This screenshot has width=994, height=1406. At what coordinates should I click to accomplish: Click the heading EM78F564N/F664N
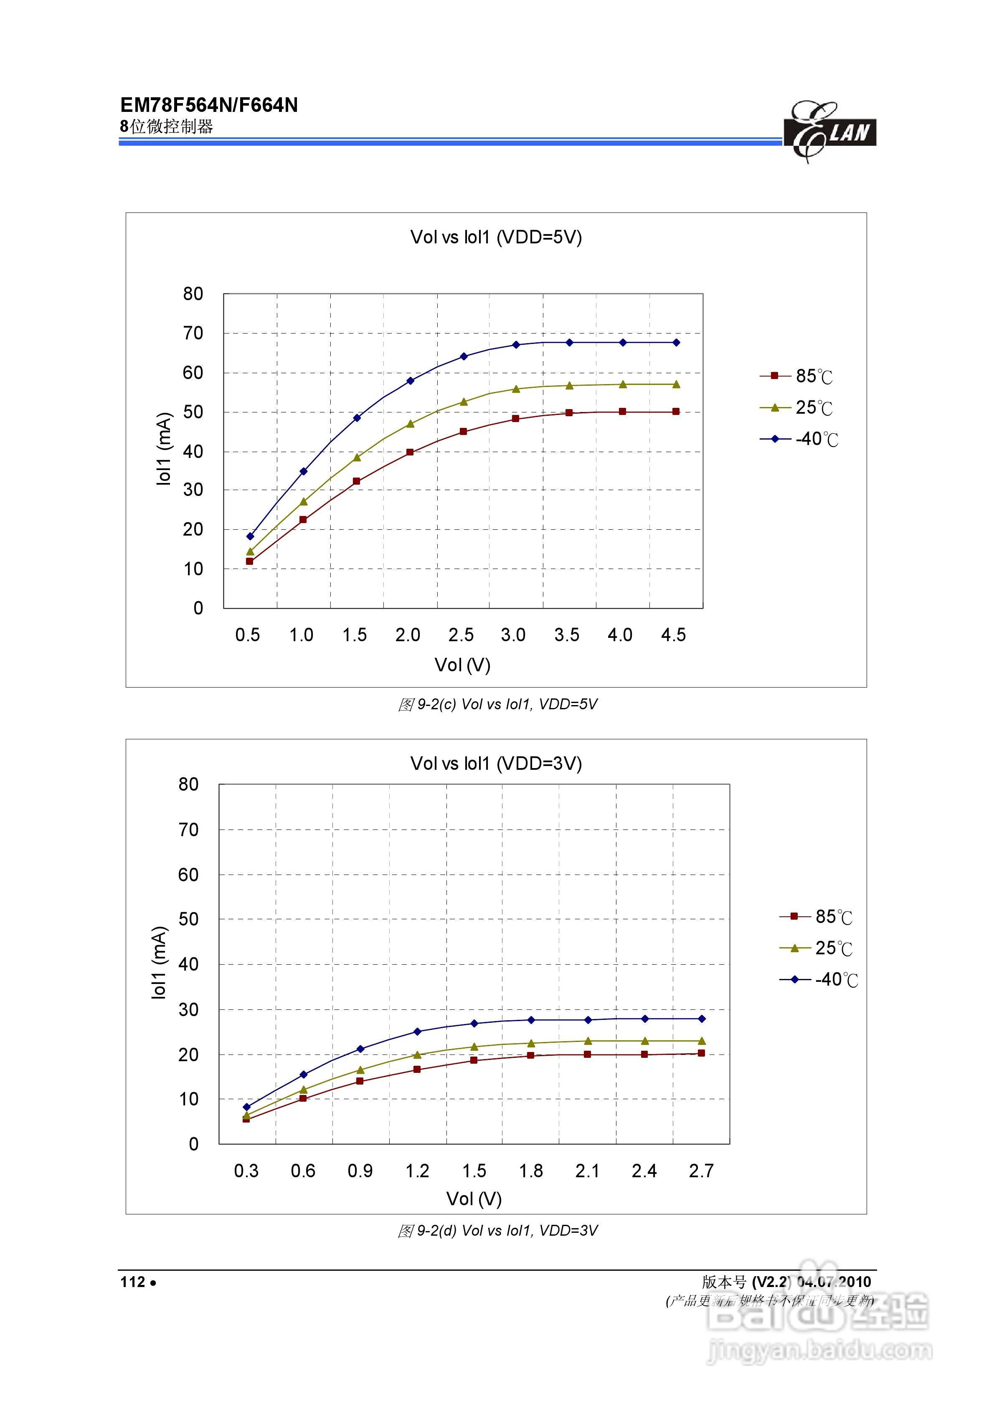(208, 105)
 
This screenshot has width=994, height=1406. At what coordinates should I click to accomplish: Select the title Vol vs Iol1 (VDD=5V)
(496, 237)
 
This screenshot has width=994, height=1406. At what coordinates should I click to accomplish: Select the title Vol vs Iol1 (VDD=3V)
(496, 763)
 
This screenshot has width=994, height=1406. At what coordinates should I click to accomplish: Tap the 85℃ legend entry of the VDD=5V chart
(797, 376)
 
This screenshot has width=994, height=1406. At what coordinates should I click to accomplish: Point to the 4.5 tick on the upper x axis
(673, 635)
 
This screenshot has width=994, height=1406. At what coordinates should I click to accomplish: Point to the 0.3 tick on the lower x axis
(246, 1171)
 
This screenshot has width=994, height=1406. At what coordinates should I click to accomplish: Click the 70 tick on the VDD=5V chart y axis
(193, 333)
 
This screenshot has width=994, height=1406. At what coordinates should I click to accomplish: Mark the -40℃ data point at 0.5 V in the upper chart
(250, 536)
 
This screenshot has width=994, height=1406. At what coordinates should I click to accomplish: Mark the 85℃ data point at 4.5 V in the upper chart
(676, 412)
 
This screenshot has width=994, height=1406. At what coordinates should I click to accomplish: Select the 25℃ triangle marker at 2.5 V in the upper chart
(463, 402)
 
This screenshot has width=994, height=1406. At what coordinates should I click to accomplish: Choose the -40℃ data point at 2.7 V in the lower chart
(702, 1019)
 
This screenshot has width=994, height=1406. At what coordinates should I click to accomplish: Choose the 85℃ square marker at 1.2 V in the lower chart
(417, 1069)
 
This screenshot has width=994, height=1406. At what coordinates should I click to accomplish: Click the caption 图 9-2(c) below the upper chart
(497, 704)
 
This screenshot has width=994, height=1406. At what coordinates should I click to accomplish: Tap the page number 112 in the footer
(133, 1282)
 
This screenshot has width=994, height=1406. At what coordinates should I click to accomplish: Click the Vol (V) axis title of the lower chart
(474, 1199)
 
